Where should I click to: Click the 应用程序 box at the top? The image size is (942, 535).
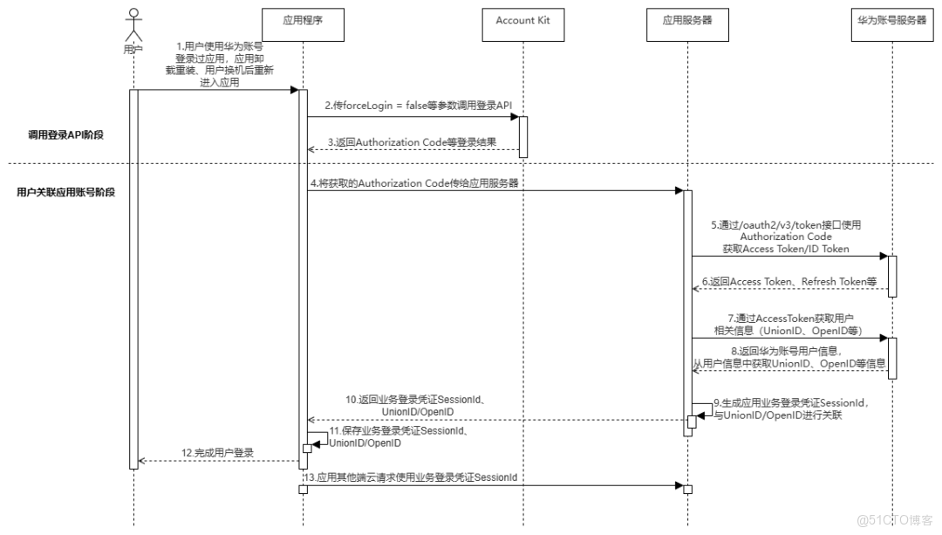[x=304, y=20]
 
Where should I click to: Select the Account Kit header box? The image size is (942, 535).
[x=522, y=20]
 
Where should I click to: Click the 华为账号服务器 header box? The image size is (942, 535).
[x=891, y=20]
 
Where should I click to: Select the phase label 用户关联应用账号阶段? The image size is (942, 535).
[x=65, y=191]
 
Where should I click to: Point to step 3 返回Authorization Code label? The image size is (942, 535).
[x=413, y=142]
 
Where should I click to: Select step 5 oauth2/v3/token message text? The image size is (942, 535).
[x=786, y=237]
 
